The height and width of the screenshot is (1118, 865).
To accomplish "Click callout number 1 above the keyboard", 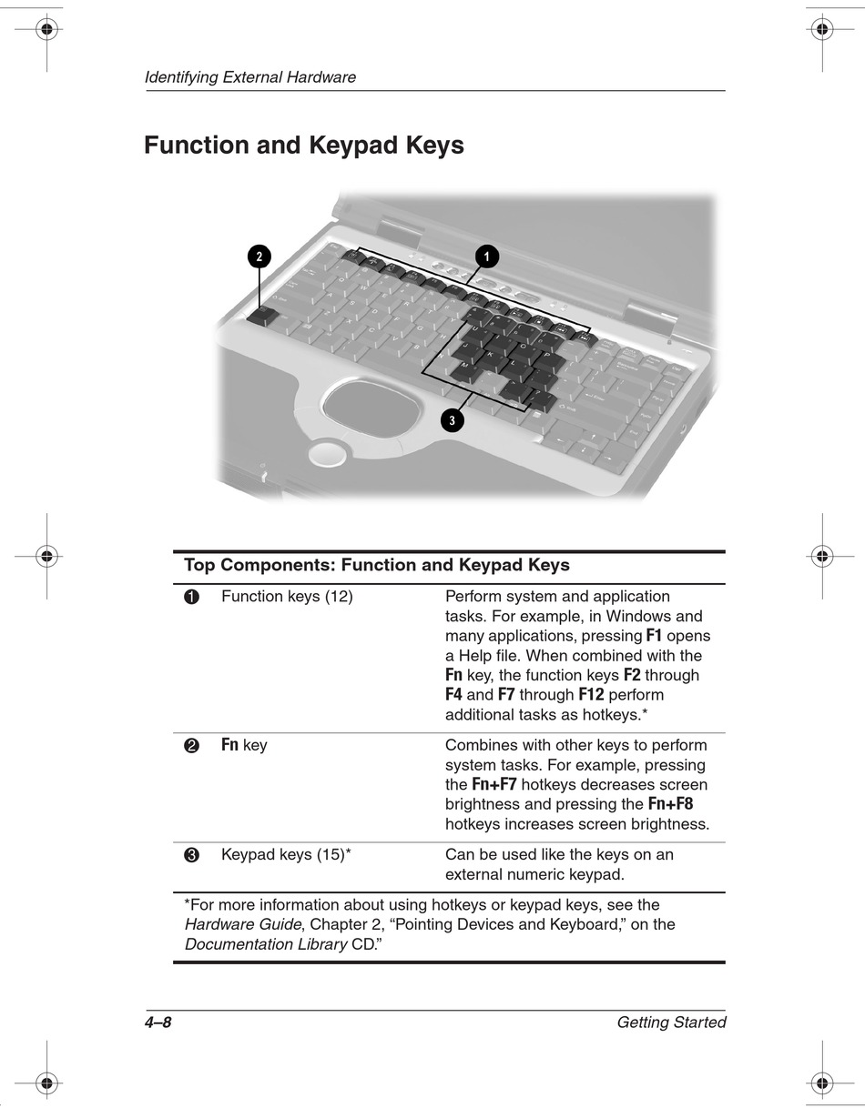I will coord(486,257).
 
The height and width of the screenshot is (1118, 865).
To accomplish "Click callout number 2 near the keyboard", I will coord(259,257).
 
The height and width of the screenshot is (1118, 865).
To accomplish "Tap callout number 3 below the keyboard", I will coord(452,419).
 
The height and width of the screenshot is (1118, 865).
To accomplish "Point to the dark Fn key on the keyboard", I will coord(261,315).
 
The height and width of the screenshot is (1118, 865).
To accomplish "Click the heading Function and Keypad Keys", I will coord(304,146).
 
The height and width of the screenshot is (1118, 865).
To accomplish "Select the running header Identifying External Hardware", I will coord(250,77).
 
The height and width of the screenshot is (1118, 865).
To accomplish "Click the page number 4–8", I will coord(158,1022).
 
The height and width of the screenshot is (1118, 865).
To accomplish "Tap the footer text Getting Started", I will coord(671,1022).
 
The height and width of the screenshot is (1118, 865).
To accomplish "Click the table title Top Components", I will coord(376,565).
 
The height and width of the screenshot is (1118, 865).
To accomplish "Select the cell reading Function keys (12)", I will coord(287,597).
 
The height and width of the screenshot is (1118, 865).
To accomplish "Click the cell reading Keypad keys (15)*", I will coord(286,855).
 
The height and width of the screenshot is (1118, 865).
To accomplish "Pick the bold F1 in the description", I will coord(654,636).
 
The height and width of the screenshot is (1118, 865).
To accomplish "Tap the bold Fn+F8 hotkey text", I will coord(671,804).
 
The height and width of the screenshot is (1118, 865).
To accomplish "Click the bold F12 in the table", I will coord(591,695).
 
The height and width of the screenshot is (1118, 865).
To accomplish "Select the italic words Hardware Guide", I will coord(242,924).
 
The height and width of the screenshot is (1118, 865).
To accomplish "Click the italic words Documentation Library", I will coord(266,944).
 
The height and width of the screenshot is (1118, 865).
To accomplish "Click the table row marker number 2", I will coord(191,747).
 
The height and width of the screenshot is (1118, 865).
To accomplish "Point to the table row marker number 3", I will coord(191,856).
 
